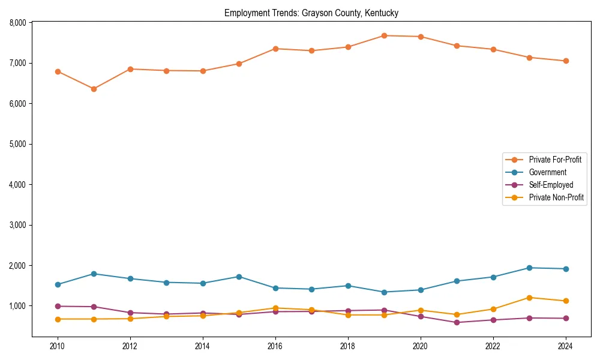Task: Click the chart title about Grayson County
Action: pos(311,13)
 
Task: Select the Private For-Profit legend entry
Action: pos(555,160)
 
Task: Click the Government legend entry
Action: pos(547,172)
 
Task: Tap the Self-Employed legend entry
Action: pos(551,185)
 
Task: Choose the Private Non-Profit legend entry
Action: pos(556,197)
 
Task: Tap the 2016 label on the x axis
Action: pos(275,346)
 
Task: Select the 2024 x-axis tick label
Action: pos(565,346)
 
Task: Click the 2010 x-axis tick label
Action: pos(58,346)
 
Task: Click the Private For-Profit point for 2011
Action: pos(94,89)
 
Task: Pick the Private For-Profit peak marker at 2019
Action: pos(384,35)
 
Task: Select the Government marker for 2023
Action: pos(529,268)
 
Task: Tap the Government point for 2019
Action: pos(384,292)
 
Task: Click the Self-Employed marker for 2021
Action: pos(457,322)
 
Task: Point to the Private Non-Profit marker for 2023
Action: pos(529,298)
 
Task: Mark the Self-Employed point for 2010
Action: pos(58,306)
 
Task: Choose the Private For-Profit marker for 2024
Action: pos(565,61)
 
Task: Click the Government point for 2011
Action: pos(94,274)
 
